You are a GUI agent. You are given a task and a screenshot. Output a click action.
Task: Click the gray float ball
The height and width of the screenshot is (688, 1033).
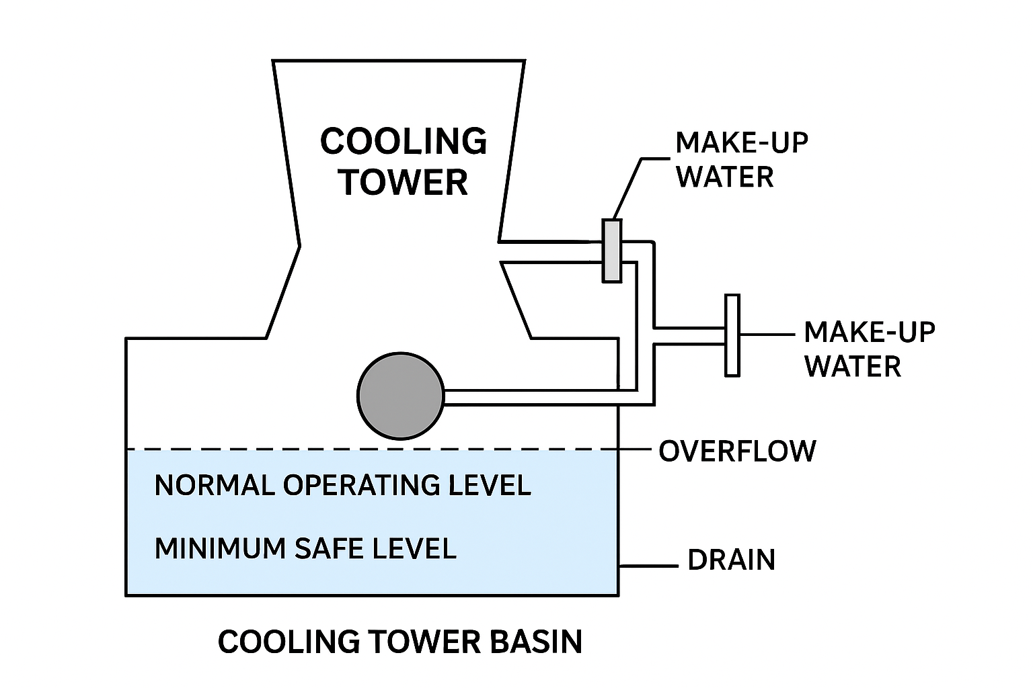click(401, 396)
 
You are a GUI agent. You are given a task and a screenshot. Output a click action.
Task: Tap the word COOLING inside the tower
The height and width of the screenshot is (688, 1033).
click(404, 142)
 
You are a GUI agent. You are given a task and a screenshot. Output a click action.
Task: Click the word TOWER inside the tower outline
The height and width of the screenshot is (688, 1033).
click(404, 182)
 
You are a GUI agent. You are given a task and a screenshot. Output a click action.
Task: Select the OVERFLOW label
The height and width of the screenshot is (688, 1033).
click(737, 451)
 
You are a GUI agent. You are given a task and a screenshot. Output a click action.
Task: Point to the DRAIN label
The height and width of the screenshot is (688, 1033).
click(731, 560)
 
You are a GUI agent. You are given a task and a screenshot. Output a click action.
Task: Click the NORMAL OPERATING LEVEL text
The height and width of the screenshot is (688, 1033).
click(343, 485)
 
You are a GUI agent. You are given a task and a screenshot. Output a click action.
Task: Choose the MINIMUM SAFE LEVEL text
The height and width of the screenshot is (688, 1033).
click(306, 548)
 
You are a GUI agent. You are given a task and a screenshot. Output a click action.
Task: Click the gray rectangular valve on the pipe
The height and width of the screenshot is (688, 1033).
click(611, 250)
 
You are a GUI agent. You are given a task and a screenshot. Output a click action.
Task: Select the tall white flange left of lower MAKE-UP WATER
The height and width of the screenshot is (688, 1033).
click(732, 335)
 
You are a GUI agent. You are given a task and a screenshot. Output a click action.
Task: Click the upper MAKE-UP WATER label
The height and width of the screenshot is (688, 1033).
click(741, 160)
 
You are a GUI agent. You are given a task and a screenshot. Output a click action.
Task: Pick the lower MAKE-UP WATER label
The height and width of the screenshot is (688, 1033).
click(869, 349)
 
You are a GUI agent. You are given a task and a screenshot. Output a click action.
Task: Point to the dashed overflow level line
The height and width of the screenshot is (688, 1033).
click(370, 449)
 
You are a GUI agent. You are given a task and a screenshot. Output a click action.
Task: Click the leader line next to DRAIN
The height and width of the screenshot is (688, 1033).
click(648, 566)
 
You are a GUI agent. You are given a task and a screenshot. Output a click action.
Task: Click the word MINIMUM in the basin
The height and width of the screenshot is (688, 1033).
click(221, 548)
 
